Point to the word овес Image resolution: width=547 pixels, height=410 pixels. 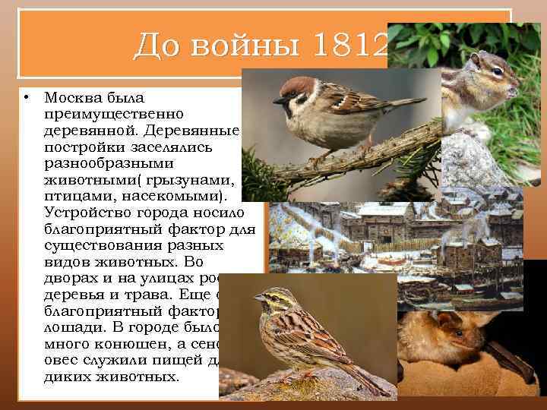tap(62, 359)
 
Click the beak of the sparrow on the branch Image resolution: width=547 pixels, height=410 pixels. tap(278, 99)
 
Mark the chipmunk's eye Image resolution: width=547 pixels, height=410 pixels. tap(495, 74)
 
